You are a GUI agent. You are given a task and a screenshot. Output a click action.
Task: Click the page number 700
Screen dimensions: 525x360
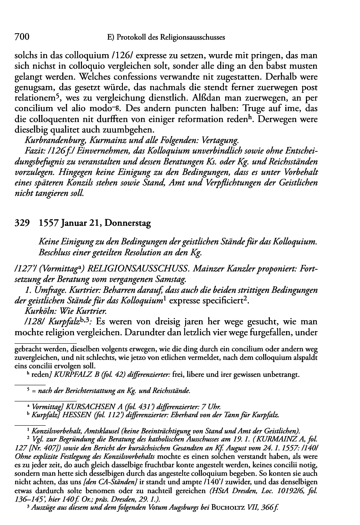coord(22,37)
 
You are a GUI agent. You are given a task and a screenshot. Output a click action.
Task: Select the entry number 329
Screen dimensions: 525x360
coord(22,223)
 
